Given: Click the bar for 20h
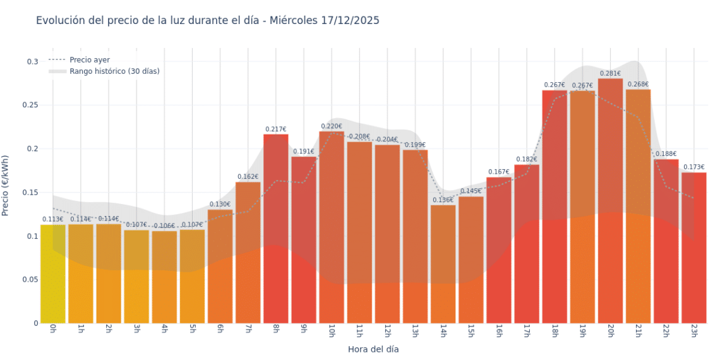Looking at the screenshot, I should tap(610, 202).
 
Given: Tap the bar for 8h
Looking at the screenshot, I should tap(276, 227).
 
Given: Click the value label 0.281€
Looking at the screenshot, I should tap(610, 73).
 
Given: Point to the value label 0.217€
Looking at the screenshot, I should tap(276, 129).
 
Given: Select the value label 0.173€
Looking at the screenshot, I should tap(693, 167).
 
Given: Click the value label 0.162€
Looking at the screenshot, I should tap(248, 177).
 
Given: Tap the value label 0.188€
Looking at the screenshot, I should tap(666, 154).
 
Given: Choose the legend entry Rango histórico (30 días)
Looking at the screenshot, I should tap(114, 71).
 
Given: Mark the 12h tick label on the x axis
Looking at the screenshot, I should tap(387, 330).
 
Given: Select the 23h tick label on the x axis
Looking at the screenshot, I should tap(693, 330).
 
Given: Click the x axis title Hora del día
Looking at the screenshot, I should tap(373, 349).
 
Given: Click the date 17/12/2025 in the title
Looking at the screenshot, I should tap(350, 20).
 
